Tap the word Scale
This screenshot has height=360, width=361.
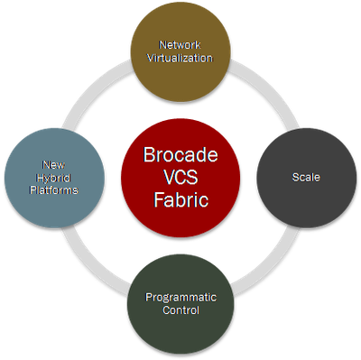pyautogui.click(x=307, y=178)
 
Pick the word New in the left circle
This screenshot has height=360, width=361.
pyautogui.click(x=51, y=164)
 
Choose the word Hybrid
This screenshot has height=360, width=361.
pyautogui.click(x=51, y=177)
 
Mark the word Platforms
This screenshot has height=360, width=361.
pyautogui.click(x=51, y=189)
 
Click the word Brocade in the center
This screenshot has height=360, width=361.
pyautogui.click(x=180, y=155)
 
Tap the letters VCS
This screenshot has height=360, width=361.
pyautogui.click(x=180, y=178)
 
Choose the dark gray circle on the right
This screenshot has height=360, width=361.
pyautogui.click(x=307, y=203)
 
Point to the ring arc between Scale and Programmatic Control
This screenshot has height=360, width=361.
pyautogui.click(x=271, y=268)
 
